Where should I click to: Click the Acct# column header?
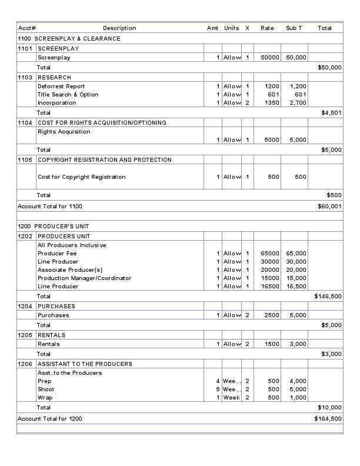[27, 28]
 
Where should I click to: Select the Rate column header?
[267, 28]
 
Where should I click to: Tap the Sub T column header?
[294, 28]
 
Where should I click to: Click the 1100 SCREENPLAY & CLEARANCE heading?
[69, 39]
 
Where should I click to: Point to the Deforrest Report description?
[61, 86]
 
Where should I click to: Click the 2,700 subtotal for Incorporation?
[298, 103]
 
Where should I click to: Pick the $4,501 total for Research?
[331, 113]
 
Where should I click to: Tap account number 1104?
[26, 123]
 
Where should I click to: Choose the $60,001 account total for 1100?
[329, 207]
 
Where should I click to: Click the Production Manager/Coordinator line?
[85, 278]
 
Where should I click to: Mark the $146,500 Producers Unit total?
[328, 297]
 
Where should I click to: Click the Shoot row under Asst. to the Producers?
[46, 390]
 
